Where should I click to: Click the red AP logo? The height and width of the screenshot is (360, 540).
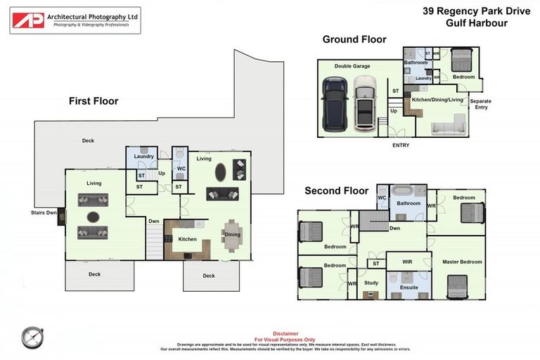click(x=28, y=20)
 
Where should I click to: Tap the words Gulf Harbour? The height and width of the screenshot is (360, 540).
click(x=476, y=22)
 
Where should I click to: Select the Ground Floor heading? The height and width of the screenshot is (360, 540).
click(x=354, y=39)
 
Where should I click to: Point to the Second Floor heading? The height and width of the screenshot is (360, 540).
click(x=336, y=191)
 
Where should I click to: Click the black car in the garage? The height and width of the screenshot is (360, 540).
click(x=333, y=104)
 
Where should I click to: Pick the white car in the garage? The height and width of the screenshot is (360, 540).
click(x=364, y=104)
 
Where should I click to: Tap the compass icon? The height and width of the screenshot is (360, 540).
click(x=32, y=337)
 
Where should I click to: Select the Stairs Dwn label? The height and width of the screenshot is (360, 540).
click(x=44, y=212)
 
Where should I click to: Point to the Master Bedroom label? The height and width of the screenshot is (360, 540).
click(x=462, y=262)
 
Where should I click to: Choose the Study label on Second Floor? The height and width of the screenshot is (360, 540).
click(x=371, y=283)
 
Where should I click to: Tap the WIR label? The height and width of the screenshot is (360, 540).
click(x=407, y=262)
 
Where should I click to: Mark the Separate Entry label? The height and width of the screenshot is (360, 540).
click(x=480, y=104)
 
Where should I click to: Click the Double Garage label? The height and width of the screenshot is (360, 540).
click(x=352, y=66)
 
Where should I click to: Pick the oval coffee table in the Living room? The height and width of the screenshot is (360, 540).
click(x=220, y=171)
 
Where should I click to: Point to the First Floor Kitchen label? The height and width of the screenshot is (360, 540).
click(x=187, y=240)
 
